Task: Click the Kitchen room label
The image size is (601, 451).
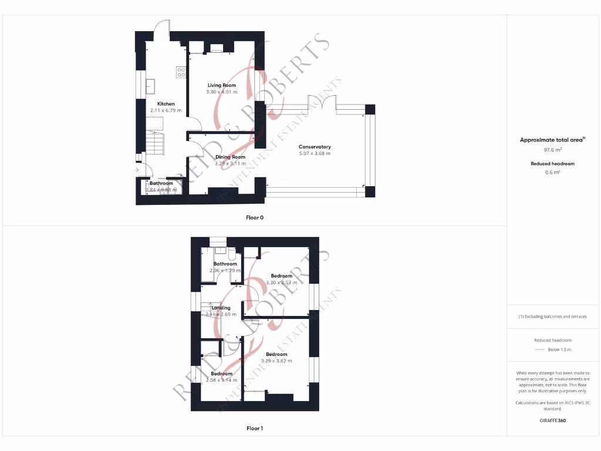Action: click(x=166, y=104)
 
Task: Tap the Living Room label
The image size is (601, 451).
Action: click(x=221, y=86)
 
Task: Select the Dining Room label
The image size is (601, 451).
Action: click(x=230, y=157)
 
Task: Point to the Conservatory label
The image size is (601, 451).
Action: click(x=315, y=147)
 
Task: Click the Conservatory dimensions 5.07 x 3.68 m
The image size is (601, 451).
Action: click(x=315, y=154)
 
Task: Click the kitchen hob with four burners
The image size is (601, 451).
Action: click(x=181, y=72)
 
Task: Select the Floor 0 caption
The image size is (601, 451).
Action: click(x=255, y=218)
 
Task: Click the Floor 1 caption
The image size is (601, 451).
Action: click(x=255, y=429)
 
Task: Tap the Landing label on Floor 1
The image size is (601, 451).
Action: click(x=221, y=308)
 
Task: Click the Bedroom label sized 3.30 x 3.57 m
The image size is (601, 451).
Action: click(x=281, y=276)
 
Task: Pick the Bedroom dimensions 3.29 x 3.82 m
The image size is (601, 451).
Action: click(x=276, y=361)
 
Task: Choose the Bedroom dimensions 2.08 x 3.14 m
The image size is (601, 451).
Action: click(x=221, y=381)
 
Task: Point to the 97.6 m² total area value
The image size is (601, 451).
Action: click(x=552, y=150)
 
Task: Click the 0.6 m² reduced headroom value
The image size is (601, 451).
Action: click(x=552, y=172)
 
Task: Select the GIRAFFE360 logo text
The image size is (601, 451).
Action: click(x=552, y=420)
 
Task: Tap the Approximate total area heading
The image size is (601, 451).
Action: click(x=552, y=140)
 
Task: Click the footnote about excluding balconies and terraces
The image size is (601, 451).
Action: click(x=552, y=317)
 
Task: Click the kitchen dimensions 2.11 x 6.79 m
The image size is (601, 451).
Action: click(x=166, y=110)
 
